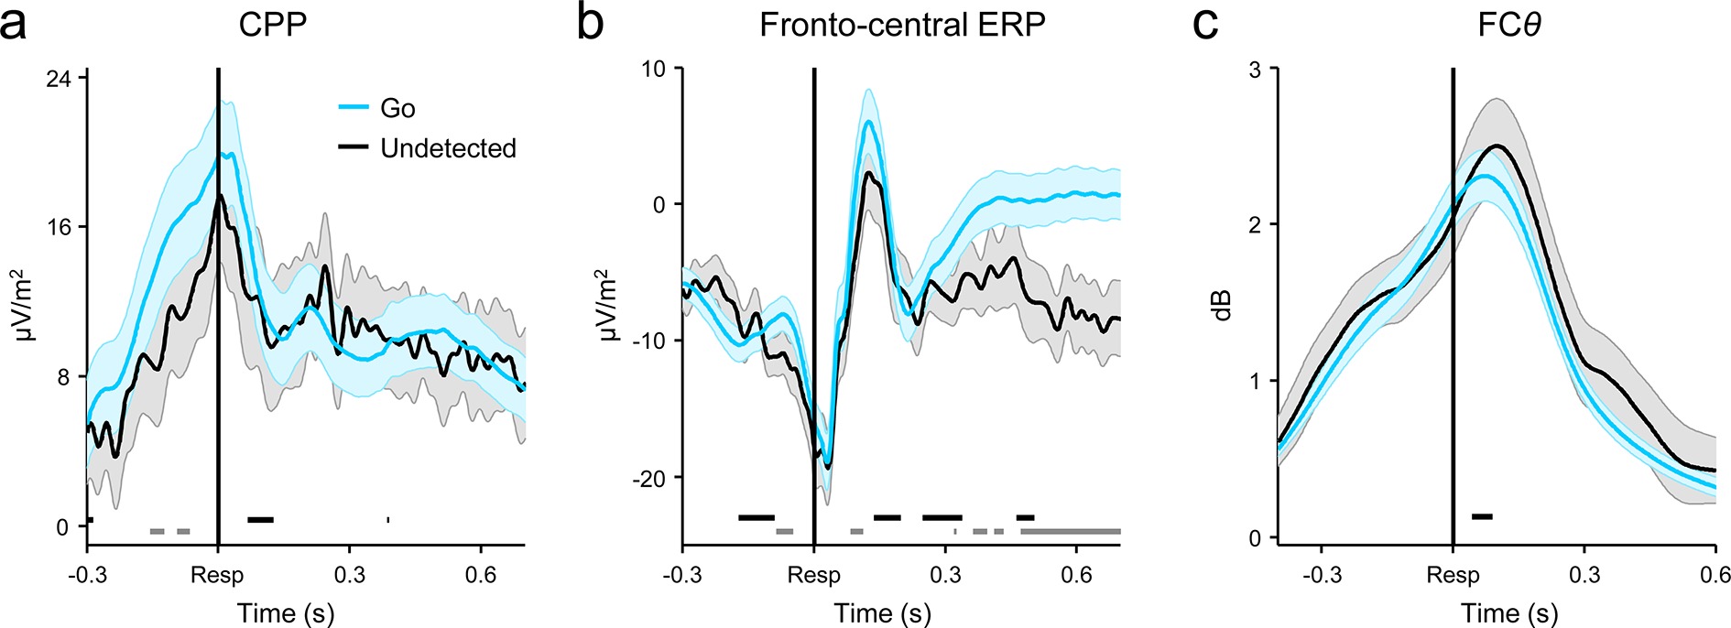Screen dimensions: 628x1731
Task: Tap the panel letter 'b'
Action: (591, 24)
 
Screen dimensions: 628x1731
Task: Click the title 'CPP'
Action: (272, 25)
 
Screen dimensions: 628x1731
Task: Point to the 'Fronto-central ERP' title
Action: (902, 25)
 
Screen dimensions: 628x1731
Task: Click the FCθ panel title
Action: (1508, 25)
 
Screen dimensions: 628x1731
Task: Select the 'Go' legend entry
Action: (397, 108)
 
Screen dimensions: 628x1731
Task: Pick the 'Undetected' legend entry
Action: (448, 148)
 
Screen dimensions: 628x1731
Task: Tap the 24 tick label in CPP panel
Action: (58, 78)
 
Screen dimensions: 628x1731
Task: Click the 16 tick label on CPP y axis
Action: (58, 227)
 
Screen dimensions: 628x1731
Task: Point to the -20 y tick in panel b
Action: (648, 477)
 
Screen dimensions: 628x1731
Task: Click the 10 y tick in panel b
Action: (654, 69)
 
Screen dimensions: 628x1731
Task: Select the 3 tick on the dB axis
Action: (1256, 70)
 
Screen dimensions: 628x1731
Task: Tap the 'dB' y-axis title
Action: (1222, 304)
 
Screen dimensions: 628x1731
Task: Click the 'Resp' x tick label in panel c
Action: (1453, 575)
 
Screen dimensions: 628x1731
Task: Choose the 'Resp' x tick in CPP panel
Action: (217, 575)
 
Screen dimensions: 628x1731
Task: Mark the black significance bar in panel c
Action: (1482, 517)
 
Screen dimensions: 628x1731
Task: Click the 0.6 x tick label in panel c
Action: (1715, 575)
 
